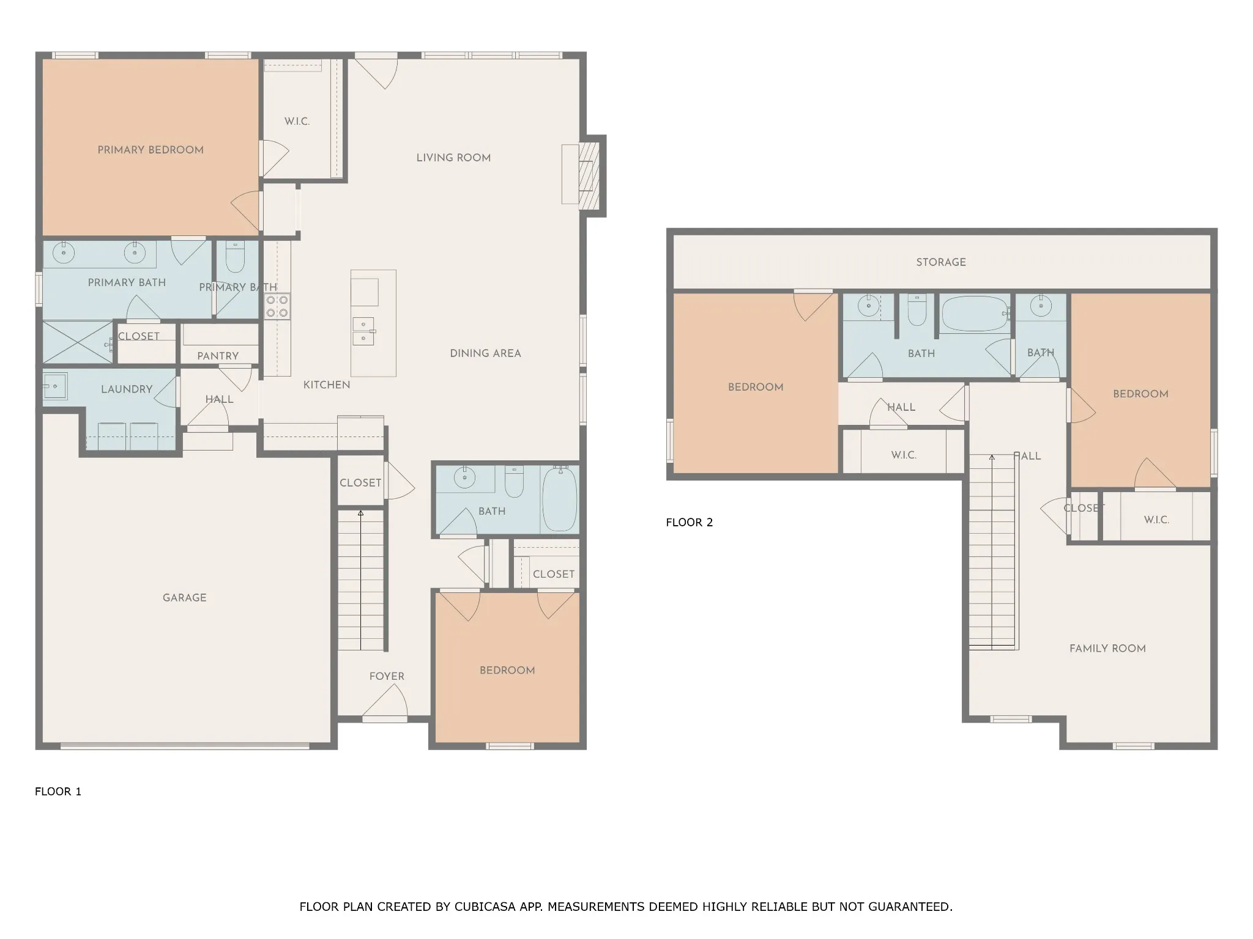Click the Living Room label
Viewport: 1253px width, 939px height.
click(x=453, y=158)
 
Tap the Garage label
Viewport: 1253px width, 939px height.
click(x=184, y=598)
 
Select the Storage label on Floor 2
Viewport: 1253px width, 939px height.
click(x=941, y=262)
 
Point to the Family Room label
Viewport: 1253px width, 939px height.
click(x=1107, y=649)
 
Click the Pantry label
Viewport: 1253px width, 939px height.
click(x=218, y=356)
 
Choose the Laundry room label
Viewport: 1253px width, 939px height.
click(x=127, y=389)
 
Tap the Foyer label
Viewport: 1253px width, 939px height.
click(x=387, y=676)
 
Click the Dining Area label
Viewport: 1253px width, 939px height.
click(x=485, y=353)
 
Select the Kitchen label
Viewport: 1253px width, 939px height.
click(x=327, y=385)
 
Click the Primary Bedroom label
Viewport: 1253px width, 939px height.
click(x=151, y=150)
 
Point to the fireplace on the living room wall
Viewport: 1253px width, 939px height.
click(x=589, y=175)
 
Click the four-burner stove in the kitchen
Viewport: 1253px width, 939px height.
click(x=277, y=306)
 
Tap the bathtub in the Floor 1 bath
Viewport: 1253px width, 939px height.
click(x=559, y=499)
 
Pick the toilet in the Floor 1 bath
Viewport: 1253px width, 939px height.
click(x=514, y=481)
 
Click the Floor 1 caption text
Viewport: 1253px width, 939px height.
click(x=58, y=792)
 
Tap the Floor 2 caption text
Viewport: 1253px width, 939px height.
click(x=690, y=522)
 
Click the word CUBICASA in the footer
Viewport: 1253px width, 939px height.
click(x=483, y=907)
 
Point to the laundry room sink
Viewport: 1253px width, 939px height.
click(x=54, y=386)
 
